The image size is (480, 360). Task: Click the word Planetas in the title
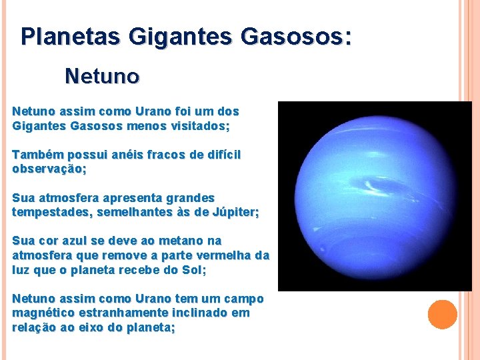tap(63, 36)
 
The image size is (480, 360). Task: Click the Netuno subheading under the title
tap(102, 77)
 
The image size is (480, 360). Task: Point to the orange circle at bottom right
tap(442, 315)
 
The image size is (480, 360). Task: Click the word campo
tap(243, 299)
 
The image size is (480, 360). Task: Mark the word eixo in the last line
tap(90, 327)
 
